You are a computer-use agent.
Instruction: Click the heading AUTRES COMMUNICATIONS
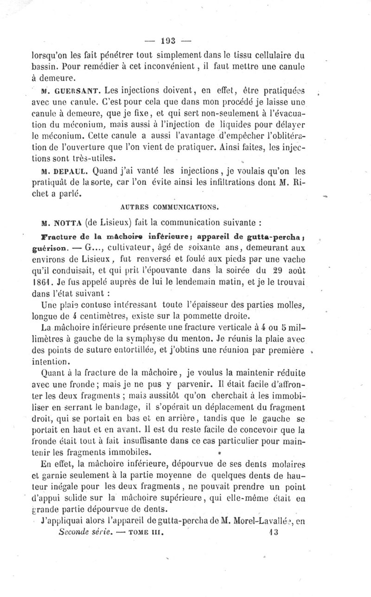click(x=165, y=203)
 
